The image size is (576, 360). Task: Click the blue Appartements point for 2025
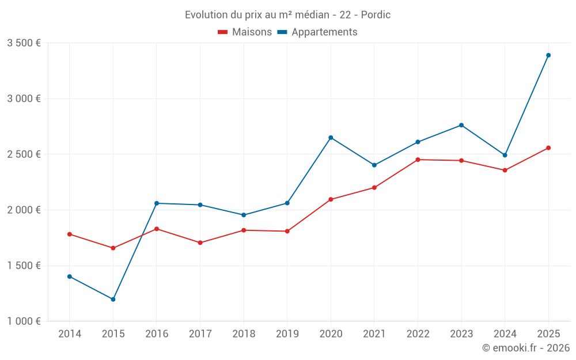[x=548, y=55]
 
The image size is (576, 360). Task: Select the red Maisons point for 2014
[x=70, y=234]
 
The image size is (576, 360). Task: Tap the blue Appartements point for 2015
[x=113, y=300]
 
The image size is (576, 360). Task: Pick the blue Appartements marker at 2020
[x=331, y=138]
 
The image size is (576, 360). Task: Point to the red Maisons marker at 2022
[x=418, y=160]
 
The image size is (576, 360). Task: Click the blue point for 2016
[x=157, y=203]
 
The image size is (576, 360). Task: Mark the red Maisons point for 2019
[x=287, y=232]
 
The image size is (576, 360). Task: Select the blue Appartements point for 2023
[x=461, y=125]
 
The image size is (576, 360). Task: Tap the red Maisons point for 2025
[x=548, y=148]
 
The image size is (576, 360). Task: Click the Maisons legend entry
[x=245, y=32]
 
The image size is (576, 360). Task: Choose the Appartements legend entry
[x=317, y=32]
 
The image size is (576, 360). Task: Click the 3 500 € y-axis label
[x=24, y=43]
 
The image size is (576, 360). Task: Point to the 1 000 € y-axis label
[x=24, y=321]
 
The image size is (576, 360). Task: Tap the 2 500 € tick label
[x=24, y=154]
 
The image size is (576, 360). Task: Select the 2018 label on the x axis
[x=244, y=334]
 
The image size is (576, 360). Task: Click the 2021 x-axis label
[x=374, y=334]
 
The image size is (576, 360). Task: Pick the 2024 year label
[x=505, y=334]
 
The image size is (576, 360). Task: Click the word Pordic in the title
[x=376, y=15]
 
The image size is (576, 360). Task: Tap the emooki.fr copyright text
[x=525, y=348]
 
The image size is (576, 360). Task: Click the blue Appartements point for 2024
[x=505, y=155]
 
